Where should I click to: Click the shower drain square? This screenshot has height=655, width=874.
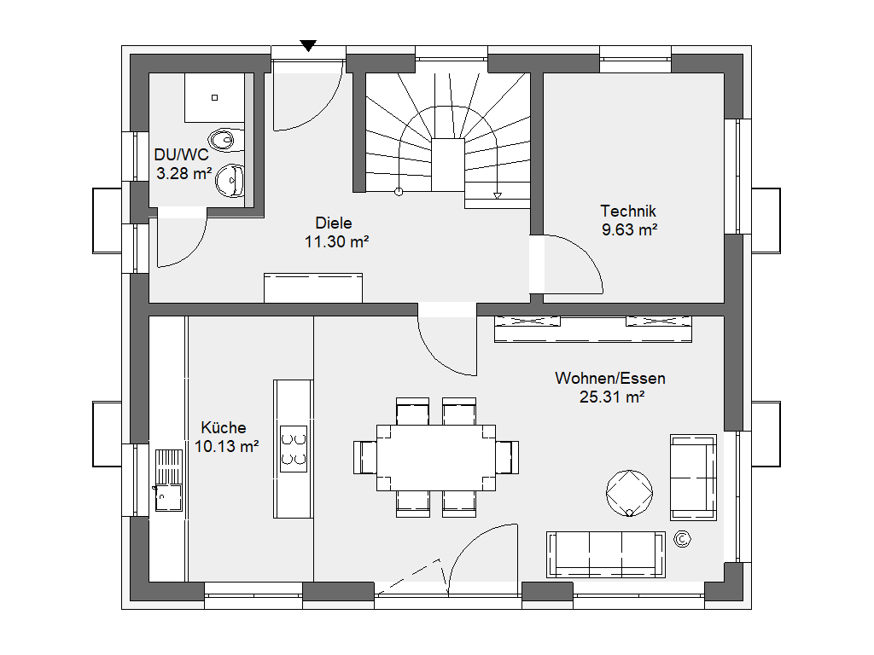coord(214,97)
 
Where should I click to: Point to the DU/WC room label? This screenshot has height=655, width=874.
coord(181,155)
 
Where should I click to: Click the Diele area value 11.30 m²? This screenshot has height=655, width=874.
coord(336,241)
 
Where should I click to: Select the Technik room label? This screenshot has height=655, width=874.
coord(628,212)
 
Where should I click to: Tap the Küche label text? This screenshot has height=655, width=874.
coord(224,428)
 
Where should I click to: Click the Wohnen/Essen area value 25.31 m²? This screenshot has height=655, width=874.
coord(612,397)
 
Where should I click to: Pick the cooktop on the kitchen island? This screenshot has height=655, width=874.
coord(294,449)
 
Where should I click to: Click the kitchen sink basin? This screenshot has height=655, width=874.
coord(168,497)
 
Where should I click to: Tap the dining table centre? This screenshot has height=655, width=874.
coord(436,458)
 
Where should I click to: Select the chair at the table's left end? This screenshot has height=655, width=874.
coord(365,458)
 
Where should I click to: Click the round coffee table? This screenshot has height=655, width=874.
coord(629,493)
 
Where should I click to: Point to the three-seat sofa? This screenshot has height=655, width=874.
coord(606,554)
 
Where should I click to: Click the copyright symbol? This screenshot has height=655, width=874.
coord(682,539)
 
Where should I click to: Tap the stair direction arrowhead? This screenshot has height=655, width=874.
coord(498,195)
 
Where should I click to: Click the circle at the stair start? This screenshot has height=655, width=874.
coord(399,192)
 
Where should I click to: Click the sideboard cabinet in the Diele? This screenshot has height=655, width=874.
coord(313,288)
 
